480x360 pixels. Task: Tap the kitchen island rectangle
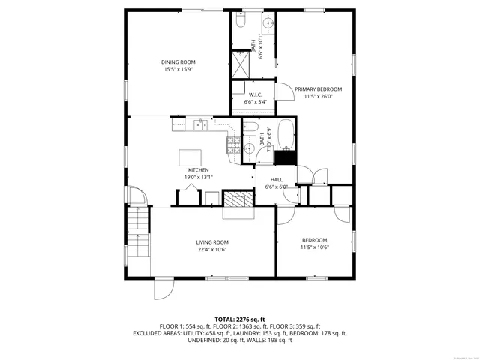tap(190, 157)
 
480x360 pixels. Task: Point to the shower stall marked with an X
tap(240, 63)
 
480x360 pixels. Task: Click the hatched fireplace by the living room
tap(241, 199)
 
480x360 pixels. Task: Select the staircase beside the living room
tap(139, 225)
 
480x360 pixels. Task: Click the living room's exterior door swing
tap(163, 287)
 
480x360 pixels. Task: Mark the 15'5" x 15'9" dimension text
tap(178, 69)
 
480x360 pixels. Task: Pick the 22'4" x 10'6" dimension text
tap(212, 250)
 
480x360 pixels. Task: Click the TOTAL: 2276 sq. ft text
tap(239, 319)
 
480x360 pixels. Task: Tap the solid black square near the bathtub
tap(284, 157)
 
